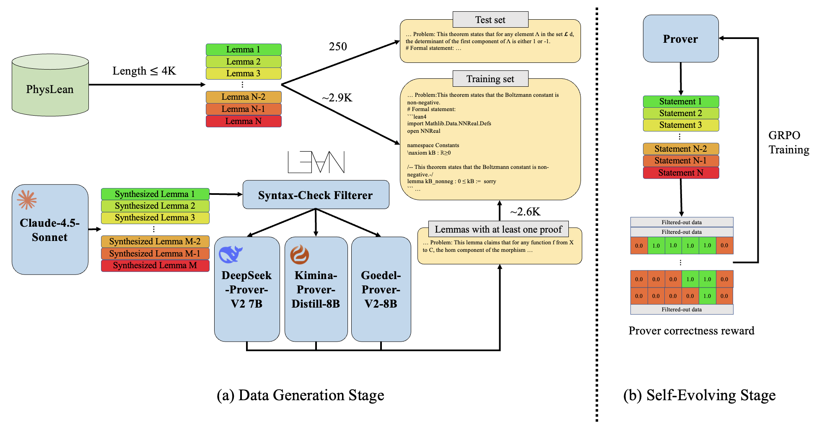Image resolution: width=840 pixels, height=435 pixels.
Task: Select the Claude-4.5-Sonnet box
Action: pyautogui.click(x=50, y=230)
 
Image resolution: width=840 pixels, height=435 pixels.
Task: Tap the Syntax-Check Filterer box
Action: pyautogui.click(x=316, y=195)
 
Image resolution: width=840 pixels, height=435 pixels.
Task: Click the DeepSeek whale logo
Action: pyautogui.click(x=231, y=254)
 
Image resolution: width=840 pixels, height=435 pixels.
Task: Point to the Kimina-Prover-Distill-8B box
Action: pyautogui.click(x=316, y=289)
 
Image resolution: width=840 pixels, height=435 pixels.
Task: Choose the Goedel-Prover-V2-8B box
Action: pyautogui.click(x=381, y=289)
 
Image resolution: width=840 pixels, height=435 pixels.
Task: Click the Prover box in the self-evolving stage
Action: pyautogui.click(x=680, y=39)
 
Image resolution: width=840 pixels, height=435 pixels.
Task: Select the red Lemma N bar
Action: pyautogui.click(x=243, y=121)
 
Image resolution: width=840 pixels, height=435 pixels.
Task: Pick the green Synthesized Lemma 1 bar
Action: pyautogui.click(x=155, y=194)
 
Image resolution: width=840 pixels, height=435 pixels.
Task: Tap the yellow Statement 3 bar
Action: pyautogui.click(x=680, y=125)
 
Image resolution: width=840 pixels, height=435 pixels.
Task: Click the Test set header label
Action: pyautogui.click(x=490, y=20)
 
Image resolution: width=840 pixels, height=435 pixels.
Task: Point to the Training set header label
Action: pyautogui.click(x=490, y=79)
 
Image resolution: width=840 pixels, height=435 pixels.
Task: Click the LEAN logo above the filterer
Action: pyautogui.click(x=316, y=162)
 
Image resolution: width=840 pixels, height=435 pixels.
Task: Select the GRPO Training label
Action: pyautogui.click(x=788, y=142)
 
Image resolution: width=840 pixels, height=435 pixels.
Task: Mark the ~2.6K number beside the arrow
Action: pyautogui.click(x=525, y=212)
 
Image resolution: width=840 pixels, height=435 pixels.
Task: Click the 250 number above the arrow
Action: pyautogui.click(x=338, y=47)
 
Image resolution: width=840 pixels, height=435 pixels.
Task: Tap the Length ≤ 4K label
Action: pyautogui.click(x=144, y=71)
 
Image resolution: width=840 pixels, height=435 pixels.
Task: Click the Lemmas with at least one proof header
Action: pyautogui.click(x=498, y=229)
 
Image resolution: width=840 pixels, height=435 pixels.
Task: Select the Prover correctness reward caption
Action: pyautogui.click(x=691, y=331)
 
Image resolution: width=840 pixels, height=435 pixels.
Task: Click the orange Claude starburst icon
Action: pyautogui.click(x=27, y=200)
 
